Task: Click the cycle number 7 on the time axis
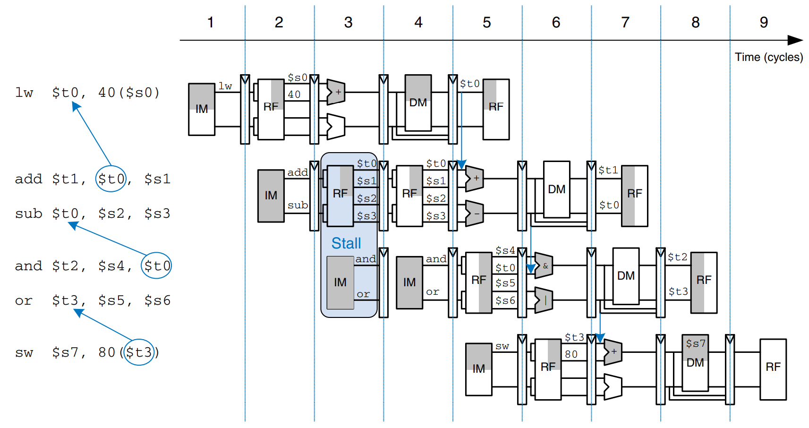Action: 625,22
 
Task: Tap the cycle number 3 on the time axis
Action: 348,22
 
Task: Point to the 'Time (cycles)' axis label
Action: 768,57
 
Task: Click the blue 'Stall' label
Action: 346,243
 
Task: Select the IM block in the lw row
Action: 202,109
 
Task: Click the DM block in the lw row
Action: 418,103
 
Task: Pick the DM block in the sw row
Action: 695,362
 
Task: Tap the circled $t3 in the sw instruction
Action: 139,352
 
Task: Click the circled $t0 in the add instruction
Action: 111,179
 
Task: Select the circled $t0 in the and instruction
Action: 156,266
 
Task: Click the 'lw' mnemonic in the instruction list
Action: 24,93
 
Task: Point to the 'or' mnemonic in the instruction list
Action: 24,301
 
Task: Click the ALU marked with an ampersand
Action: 544,266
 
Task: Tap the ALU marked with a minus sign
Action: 475,214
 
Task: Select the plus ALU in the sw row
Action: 613,352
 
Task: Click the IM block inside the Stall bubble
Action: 340,282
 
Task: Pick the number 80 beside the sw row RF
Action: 571,354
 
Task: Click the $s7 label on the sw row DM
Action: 695,343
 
